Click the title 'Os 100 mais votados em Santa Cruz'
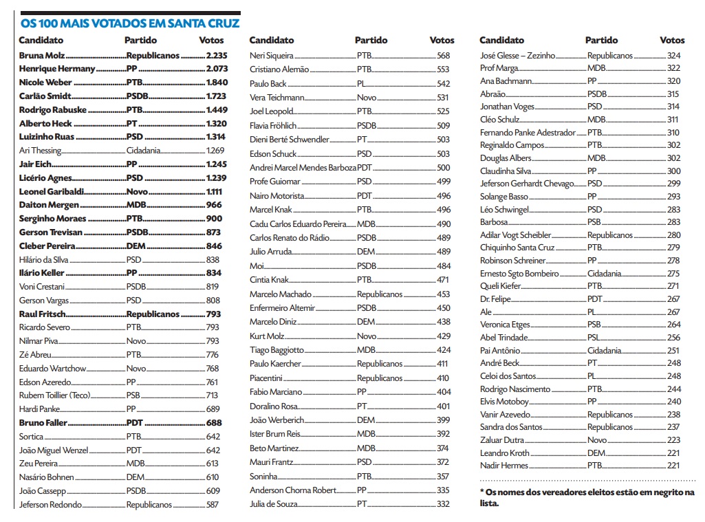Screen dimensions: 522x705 130,23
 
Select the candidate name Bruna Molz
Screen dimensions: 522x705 42,56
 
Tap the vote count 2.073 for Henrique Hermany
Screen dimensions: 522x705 216,69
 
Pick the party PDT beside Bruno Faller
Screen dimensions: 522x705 135,423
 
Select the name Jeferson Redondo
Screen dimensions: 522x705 51,505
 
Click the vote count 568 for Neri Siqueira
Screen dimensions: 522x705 443,56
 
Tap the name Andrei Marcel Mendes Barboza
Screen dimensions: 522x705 303,168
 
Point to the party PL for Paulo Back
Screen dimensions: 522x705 361,84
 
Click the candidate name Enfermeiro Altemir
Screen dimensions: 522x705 283,308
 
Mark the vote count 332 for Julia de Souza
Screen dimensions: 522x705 443,504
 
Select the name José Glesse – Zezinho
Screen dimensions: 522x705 517,56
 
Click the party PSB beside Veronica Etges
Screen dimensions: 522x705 594,325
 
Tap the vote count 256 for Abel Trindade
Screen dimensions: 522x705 673,338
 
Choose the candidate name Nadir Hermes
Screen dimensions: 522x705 504,466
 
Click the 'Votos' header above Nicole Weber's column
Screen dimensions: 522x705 211,41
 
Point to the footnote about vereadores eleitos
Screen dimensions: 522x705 587,497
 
